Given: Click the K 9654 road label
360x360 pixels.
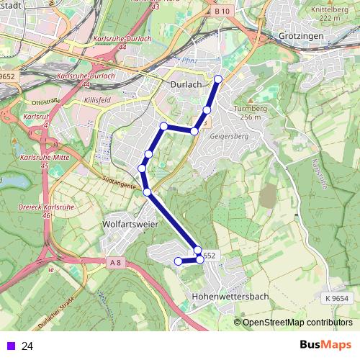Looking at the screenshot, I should click(336, 297).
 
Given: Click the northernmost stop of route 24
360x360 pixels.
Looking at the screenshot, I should click(218, 79).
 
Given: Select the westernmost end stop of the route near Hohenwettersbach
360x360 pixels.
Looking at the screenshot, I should click(179, 261).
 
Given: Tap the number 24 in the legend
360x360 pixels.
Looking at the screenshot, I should click(27, 346).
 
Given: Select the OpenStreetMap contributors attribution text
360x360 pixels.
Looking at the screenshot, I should click(297, 323).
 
